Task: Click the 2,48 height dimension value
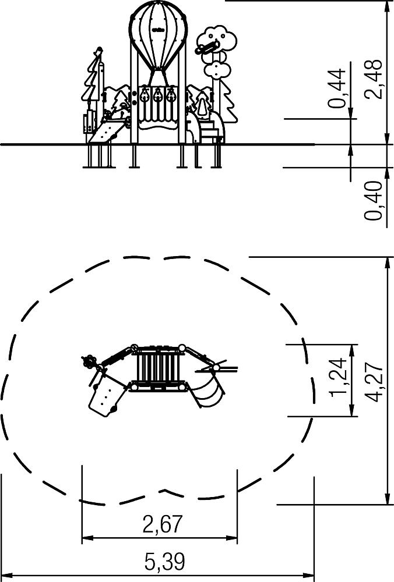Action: click(374, 79)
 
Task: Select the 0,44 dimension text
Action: click(337, 88)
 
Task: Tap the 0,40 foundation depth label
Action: click(374, 200)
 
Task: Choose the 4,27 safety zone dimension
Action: click(374, 382)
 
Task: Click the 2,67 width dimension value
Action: click(163, 524)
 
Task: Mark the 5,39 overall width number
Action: click(164, 561)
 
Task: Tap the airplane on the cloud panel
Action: click(207, 47)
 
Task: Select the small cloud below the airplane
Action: click(217, 70)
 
